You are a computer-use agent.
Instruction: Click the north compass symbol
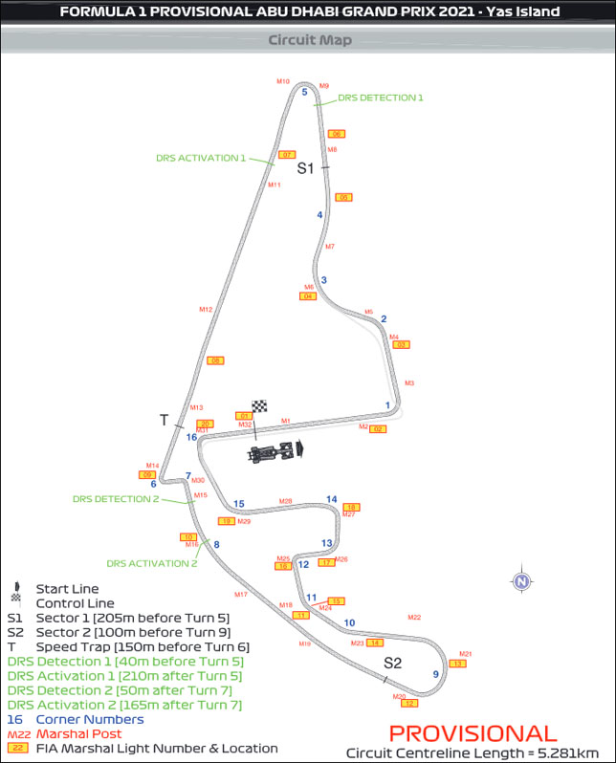[521, 580]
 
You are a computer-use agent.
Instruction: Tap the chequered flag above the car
[259, 406]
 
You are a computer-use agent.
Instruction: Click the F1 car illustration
[275, 451]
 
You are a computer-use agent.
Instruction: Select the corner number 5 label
[304, 92]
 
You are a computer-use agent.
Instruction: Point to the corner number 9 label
[435, 674]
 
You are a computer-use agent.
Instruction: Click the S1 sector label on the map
[305, 168]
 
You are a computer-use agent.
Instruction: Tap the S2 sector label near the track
[393, 663]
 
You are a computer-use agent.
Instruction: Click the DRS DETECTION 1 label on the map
[381, 98]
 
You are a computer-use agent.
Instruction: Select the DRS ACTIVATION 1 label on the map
[201, 158]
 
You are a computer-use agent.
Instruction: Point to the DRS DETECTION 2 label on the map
[116, 499]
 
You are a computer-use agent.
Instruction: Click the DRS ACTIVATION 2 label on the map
[152, 563]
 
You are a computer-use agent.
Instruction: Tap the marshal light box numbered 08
[216, 360]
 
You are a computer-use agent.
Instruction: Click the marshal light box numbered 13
[457, 664]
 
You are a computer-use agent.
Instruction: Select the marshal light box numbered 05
[344, 198]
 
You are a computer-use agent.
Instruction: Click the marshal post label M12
[206, 310]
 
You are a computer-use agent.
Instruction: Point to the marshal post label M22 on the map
[414, 618]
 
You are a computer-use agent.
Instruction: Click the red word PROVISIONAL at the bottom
[473, 733]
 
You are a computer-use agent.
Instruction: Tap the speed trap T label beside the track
[164, 420]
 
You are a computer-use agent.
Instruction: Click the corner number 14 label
[332, 499]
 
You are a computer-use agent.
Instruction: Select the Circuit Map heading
[309, 40]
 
